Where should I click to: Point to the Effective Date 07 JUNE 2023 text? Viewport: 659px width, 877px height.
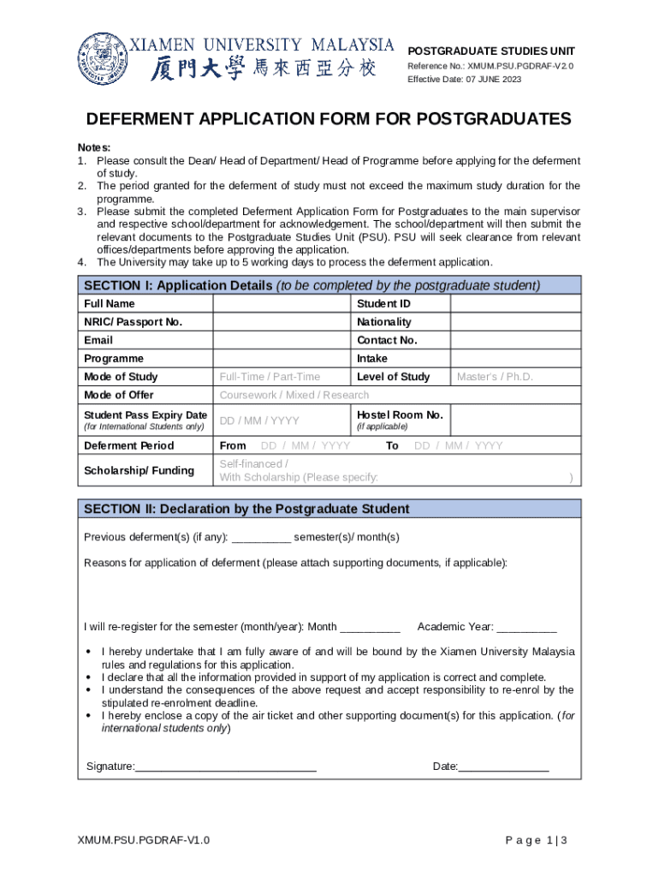(x=464, y=80)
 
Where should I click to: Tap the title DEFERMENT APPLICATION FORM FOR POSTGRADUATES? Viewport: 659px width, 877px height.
(x=329, y=119)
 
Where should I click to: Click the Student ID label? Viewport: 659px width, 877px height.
(x=383, y=304)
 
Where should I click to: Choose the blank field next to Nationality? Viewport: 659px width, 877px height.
(x=515, y=322)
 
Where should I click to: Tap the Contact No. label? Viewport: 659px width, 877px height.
(x=387, y=340)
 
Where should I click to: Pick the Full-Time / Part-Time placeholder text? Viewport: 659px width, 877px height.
(x=270, y=377)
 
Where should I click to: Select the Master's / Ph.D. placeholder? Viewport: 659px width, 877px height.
(x=495, y=377)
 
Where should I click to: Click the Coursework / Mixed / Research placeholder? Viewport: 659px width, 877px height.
(x=294, y=395)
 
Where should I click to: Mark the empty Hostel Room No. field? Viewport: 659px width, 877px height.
(x=515, y=420)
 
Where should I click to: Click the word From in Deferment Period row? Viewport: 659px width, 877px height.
(x=233, y=445)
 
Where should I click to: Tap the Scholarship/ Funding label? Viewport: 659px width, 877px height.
(x=139, y=470)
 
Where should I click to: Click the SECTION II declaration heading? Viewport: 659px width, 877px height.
(x=246, y=509)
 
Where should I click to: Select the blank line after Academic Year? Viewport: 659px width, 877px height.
(x=526, y=627)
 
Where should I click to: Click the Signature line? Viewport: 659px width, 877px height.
(x=226, y=767)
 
